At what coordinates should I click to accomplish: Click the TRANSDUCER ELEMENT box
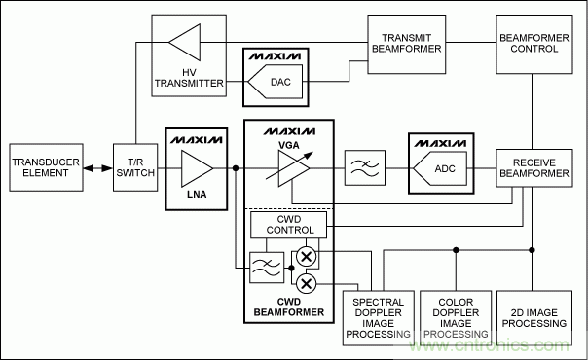point(46,167)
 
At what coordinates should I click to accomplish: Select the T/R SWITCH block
point(135,167)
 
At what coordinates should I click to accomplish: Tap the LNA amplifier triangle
point(197,168)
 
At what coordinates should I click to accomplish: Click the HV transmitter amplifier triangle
point(185,43)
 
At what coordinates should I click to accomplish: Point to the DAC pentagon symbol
point(275,82)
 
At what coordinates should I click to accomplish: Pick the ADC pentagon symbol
point(440,168)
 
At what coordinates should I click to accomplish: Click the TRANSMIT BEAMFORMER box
point(407,44)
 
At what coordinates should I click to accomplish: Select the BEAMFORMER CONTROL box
point(534,44)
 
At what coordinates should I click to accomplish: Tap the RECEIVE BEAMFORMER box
point(534,168)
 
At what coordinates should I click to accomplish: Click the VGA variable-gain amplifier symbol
point(292,168)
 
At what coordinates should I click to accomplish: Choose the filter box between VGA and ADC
point(365,167)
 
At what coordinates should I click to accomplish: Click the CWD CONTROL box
point(288,225)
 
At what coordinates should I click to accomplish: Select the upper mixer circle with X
point(307,257)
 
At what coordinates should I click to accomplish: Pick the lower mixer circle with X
point(307,283)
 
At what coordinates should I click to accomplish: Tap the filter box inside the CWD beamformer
point(267,268)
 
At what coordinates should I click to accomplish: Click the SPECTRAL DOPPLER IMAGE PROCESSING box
point(379,318)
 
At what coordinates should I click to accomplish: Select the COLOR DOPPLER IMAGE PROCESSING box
point(456,318)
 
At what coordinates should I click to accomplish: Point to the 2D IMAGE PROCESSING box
point(534,318)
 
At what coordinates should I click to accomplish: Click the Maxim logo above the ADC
point(441,143)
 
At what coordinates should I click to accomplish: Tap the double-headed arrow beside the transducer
point(98,168)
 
